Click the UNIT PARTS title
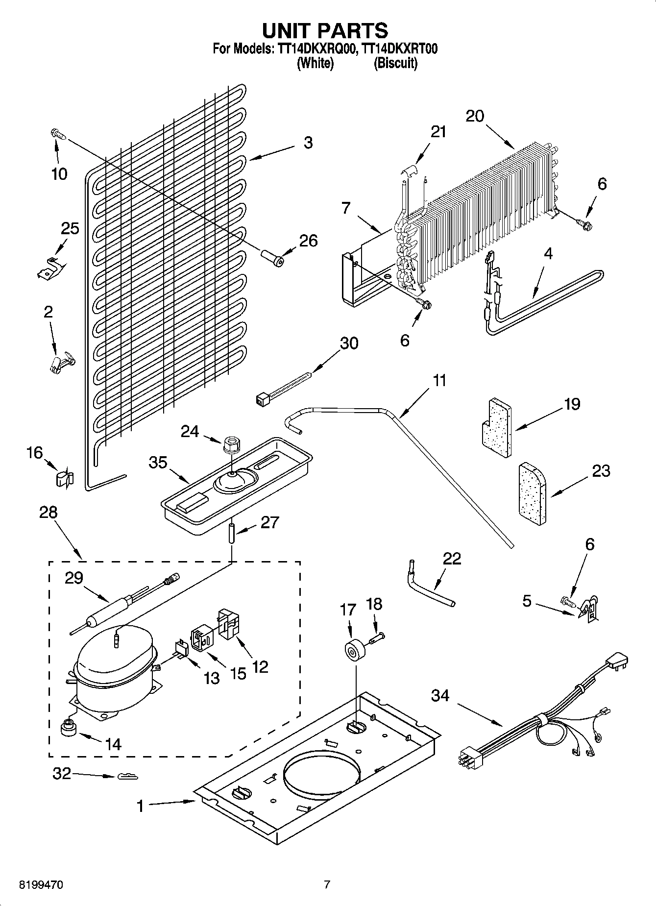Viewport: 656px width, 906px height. (x=325, y=30)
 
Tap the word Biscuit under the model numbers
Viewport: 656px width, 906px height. (x=395, y=64)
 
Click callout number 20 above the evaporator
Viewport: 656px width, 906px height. (x=474, y=116)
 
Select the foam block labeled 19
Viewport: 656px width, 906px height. (x=495, y=428)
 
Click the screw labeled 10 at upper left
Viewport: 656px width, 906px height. (x=57, y=134)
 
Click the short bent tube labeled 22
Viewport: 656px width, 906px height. (x=429, y=586)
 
